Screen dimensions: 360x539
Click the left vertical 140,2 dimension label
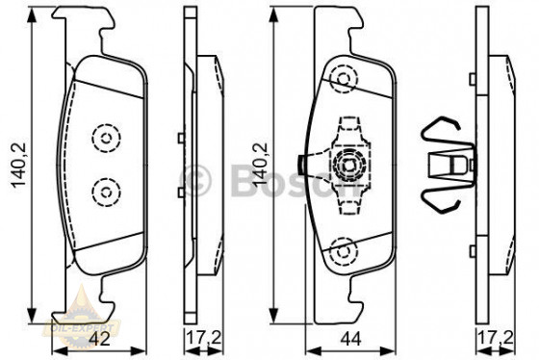point(14,162)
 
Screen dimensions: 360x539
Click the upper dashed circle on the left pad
point(103,138)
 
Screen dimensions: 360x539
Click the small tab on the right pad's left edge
point(303,165)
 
